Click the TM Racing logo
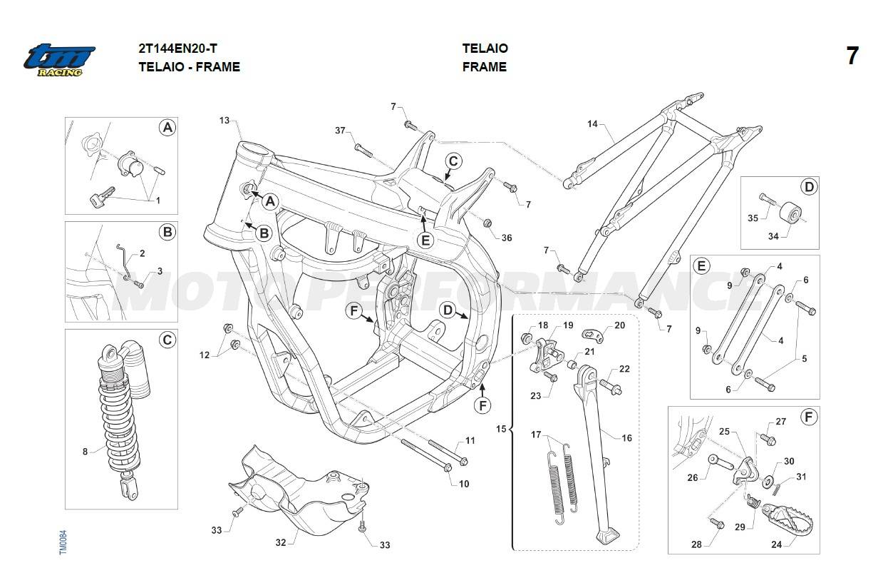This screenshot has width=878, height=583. coord(59,60)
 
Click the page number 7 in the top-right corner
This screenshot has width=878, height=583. coord(852,56)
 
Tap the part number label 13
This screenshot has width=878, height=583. coord(224,121)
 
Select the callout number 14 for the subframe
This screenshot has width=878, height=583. coord(592,124)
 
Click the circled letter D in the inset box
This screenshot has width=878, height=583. coord(808,188)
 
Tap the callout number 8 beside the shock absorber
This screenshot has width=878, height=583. coord(86,451)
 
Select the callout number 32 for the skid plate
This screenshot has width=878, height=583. coord(281,542)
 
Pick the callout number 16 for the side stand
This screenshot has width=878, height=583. coord(626,438)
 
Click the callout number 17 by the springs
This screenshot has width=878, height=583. coord(536,434)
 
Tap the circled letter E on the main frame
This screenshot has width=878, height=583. coord(425,240)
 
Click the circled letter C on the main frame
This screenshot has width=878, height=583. coord(454,161)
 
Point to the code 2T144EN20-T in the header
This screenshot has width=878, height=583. coord(178,49)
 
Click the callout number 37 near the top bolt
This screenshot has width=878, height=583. coord(340,131)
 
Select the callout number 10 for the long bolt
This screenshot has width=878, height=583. coord(464,484)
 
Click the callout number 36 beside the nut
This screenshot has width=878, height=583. coord(507,238)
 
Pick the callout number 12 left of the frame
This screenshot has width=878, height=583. coord(205,355)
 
